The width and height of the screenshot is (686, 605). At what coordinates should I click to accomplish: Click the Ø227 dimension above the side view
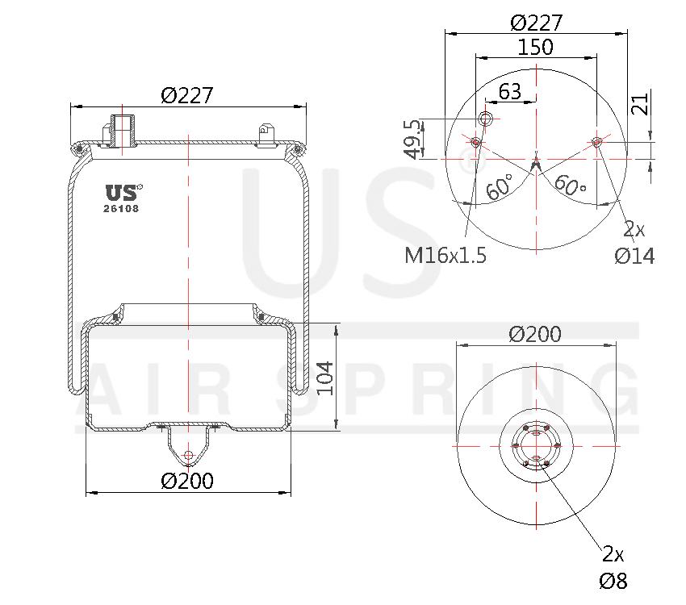(x=186, y=95)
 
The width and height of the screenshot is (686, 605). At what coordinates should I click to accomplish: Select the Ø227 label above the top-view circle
(x=536, y=23)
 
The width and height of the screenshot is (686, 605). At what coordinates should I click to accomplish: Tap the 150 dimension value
(x=536, y=48)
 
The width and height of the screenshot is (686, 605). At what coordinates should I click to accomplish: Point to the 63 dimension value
(x=509, y=91)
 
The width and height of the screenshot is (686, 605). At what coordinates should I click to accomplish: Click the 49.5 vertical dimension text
(x=412, y=139)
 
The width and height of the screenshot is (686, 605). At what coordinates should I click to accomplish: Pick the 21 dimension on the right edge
(x=639, y=104)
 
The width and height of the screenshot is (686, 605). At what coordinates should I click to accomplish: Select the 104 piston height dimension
(x=324, y=378)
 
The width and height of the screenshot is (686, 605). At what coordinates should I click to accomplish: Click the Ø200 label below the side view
(x=187, y=481)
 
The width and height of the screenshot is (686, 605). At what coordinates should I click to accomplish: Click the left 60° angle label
(x=500, y=188)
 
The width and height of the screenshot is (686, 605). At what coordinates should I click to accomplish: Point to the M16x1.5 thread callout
(x=445, y=256)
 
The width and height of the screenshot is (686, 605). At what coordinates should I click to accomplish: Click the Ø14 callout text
(x=634, y=256)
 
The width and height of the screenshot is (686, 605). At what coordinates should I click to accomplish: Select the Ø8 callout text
(x=613, y=581)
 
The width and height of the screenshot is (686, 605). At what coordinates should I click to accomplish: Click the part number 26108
(x=121, y=208)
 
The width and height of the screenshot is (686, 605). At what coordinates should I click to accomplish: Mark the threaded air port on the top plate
(x=121, y=130)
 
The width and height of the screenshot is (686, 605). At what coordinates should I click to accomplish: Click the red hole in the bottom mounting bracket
(x=188, y=456)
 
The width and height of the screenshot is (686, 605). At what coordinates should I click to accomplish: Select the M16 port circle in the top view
(x=486, y=119)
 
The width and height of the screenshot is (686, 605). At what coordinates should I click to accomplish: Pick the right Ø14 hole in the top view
(x=596, y=143)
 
